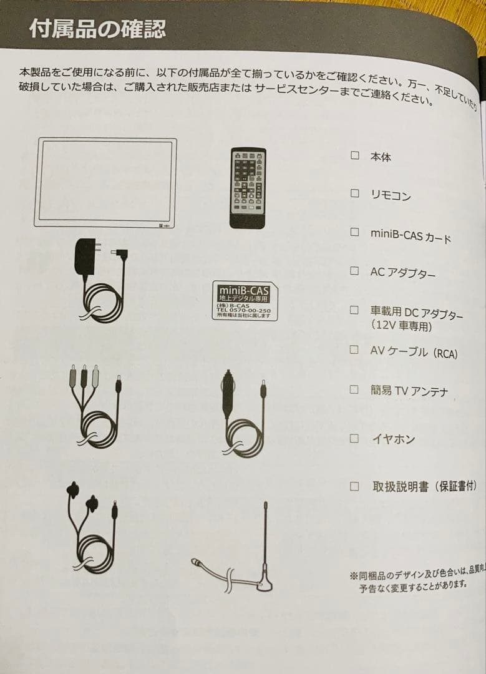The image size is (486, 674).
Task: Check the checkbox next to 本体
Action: point(354,155)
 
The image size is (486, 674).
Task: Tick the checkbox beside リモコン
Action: point(354,193)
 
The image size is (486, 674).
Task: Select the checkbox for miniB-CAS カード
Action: point(354,232)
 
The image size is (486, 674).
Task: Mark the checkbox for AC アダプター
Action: point(354,271)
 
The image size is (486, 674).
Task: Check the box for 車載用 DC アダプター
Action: point(354,310)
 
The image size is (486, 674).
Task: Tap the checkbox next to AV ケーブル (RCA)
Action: point(354,349)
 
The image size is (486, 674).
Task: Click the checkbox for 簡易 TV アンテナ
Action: point(354,389)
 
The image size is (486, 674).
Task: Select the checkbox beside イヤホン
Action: point(354,438)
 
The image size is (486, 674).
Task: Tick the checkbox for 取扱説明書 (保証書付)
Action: point(354,486)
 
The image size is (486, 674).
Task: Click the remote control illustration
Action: point(247,188)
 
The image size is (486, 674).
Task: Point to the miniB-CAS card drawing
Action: point(245,301)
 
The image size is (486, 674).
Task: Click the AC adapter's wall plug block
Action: point(85,256)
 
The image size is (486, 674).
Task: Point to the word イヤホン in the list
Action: point(393,439)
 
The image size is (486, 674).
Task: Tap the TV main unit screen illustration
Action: point(105,181)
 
